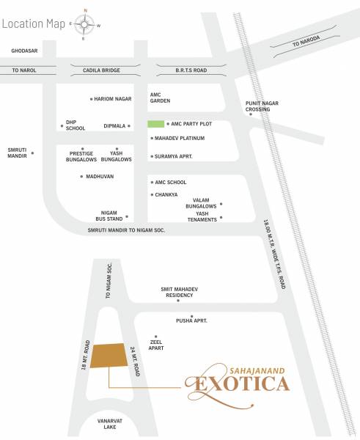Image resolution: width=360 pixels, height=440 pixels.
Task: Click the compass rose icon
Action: (x=84, y=24)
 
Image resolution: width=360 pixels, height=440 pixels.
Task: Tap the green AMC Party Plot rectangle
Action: (x=156, y=125)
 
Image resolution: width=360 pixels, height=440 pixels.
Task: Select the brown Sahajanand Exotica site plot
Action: (x=108, y=354)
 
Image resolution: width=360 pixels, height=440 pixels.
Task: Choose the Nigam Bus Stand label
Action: (x=107, y=215)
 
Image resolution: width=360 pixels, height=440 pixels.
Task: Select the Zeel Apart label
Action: (x=155, y=346)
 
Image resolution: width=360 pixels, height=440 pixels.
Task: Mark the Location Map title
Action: (x=32, y=23)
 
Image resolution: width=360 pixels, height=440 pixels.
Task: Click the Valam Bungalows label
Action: (x=200, y=203)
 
